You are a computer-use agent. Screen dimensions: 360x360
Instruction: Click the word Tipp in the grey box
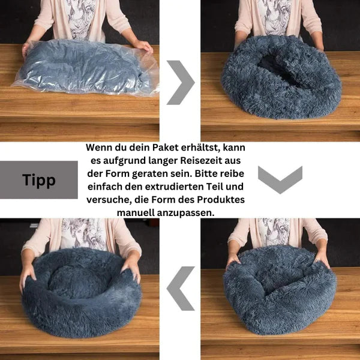(39, 180)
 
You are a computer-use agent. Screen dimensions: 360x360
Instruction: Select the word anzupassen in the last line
(186, 213)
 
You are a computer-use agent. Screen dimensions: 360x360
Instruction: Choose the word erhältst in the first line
(200, 148)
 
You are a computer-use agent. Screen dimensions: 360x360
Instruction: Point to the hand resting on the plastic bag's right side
(143, 46)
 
